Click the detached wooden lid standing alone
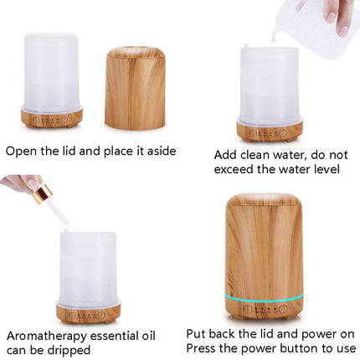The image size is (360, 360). (135, 88)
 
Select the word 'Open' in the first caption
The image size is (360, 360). (21, 152)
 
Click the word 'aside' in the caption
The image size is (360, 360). (159, 152)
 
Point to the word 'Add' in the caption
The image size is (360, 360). (226, 155)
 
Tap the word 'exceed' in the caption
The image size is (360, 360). (234, 169)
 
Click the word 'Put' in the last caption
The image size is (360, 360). (197, 333)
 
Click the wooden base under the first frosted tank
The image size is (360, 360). (51, 118)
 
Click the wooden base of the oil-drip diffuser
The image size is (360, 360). (88, 314)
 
